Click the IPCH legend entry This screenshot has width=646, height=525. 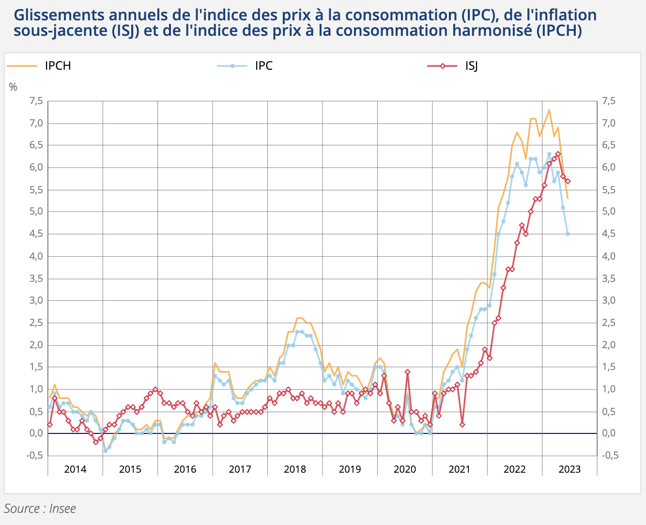pos(58,66)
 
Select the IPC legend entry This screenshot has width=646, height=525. pos(263,66)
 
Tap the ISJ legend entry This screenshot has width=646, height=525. pos(471,66)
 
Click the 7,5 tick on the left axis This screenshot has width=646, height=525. pos(36,101)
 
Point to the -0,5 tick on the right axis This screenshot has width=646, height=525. pos(610,455)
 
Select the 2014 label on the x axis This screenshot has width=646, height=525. pos(75,469)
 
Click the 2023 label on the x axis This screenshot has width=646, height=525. pos(569,469)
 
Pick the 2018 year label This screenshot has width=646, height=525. pos(294,469)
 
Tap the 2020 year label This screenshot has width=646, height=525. pos(404,469)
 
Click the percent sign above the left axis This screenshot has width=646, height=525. pos(13,87)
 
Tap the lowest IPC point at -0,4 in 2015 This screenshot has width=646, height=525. pos(105,451)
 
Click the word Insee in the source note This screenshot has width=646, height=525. pos(62,509)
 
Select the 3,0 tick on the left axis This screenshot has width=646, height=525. pos(36,300)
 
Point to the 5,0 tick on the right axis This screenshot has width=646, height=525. pos(609,212)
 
